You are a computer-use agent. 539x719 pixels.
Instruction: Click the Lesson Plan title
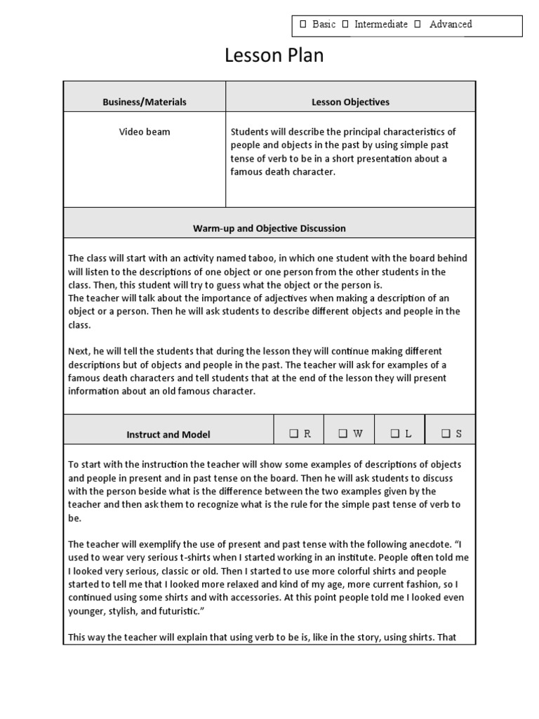pos(274,56)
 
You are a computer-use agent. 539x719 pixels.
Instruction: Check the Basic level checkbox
pos(303,25)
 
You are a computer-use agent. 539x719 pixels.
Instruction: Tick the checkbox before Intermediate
pos(346,25)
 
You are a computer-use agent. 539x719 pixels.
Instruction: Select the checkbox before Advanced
pos(418,25)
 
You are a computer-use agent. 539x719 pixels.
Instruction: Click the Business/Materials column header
pos(145,102)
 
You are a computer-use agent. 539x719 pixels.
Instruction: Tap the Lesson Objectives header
pos(350,102)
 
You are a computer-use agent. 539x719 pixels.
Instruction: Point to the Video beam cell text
pos(145,132)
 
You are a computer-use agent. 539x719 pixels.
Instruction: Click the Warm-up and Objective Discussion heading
pos(269,228)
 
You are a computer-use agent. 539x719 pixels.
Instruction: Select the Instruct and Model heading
pos(168,435)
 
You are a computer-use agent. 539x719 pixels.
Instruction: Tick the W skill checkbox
pos(343,434)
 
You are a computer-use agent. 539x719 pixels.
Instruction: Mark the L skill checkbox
pos(395,434)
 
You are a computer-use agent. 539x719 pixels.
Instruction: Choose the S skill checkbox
pos(446,434)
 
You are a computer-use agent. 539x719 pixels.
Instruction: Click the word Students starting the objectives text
pos(249,132)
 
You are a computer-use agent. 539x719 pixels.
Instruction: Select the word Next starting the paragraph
pos(79,351)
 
